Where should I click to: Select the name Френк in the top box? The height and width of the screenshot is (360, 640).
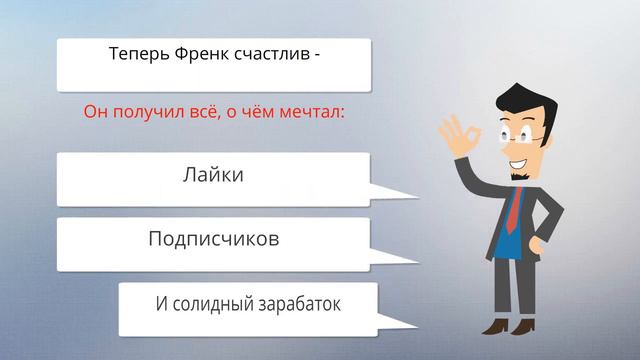pos(203,54)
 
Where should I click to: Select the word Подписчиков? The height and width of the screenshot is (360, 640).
pos(213,240)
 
